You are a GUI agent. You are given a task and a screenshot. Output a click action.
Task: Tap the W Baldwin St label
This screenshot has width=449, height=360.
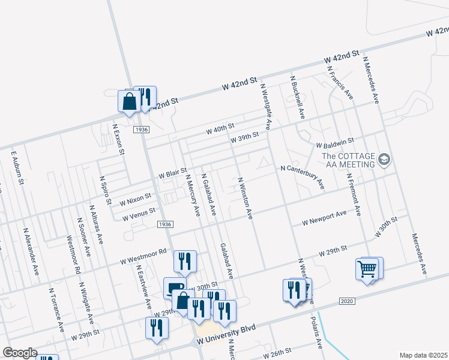[x=334, y=144]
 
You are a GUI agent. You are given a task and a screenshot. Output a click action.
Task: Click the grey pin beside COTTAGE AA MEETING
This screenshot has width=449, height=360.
[x=384, y=160]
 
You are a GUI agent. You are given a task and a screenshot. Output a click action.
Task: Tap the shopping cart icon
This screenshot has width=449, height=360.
[x=369, y=268]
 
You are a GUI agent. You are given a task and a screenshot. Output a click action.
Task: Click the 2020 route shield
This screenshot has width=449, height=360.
[x=347, y=301]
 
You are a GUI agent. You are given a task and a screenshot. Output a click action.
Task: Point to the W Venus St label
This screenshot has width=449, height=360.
[x=139, y=214]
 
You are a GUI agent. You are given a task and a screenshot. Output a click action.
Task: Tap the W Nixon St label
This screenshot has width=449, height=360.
[x=135, y=197]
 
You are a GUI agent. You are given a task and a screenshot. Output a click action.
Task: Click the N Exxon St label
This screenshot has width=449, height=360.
[x=119, y=139]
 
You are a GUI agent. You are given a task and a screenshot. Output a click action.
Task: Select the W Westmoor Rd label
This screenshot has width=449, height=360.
[x=143, y=256]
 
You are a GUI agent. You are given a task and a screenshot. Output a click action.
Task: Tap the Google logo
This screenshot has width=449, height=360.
[x=20, y=353]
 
